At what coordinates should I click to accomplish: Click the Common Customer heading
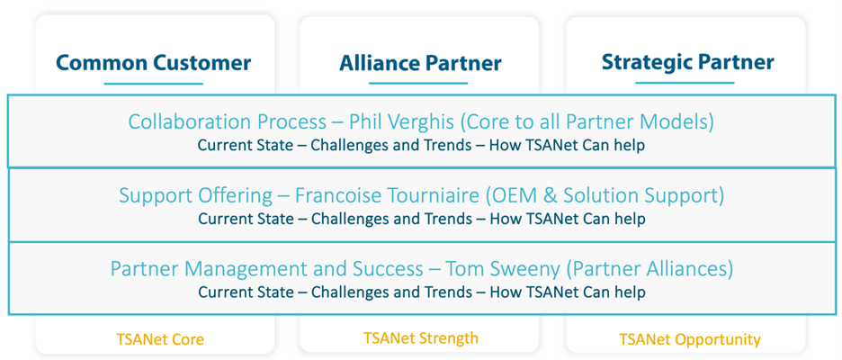pyautogui.click(x=154, y=63)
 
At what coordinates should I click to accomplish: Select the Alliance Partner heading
pyautogui.click(x=420, y=63)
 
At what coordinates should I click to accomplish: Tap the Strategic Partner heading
pyautogui.click(x=688, y=62)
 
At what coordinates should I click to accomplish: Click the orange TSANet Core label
pyautogui.click(x=160, y=339)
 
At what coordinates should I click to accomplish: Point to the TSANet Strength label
pyautogui.click(x=420, y=338)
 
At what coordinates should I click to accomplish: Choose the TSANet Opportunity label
pyautogui.click(x=690, y=339)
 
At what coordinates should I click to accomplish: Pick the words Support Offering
pyautogui.click(x=195, y=196)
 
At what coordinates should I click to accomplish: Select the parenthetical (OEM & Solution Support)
pyautogui.click(x=605, y=196)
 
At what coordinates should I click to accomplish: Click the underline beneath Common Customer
pyautogui.click(x=154, y=84)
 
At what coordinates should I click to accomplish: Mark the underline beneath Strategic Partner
pyautogui.click(x=685, y=83)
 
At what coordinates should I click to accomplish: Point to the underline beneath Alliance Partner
pyautogui.click(x=418, y=84)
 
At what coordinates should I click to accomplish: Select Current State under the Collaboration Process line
pyautogui.click(x=246, y=146)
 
